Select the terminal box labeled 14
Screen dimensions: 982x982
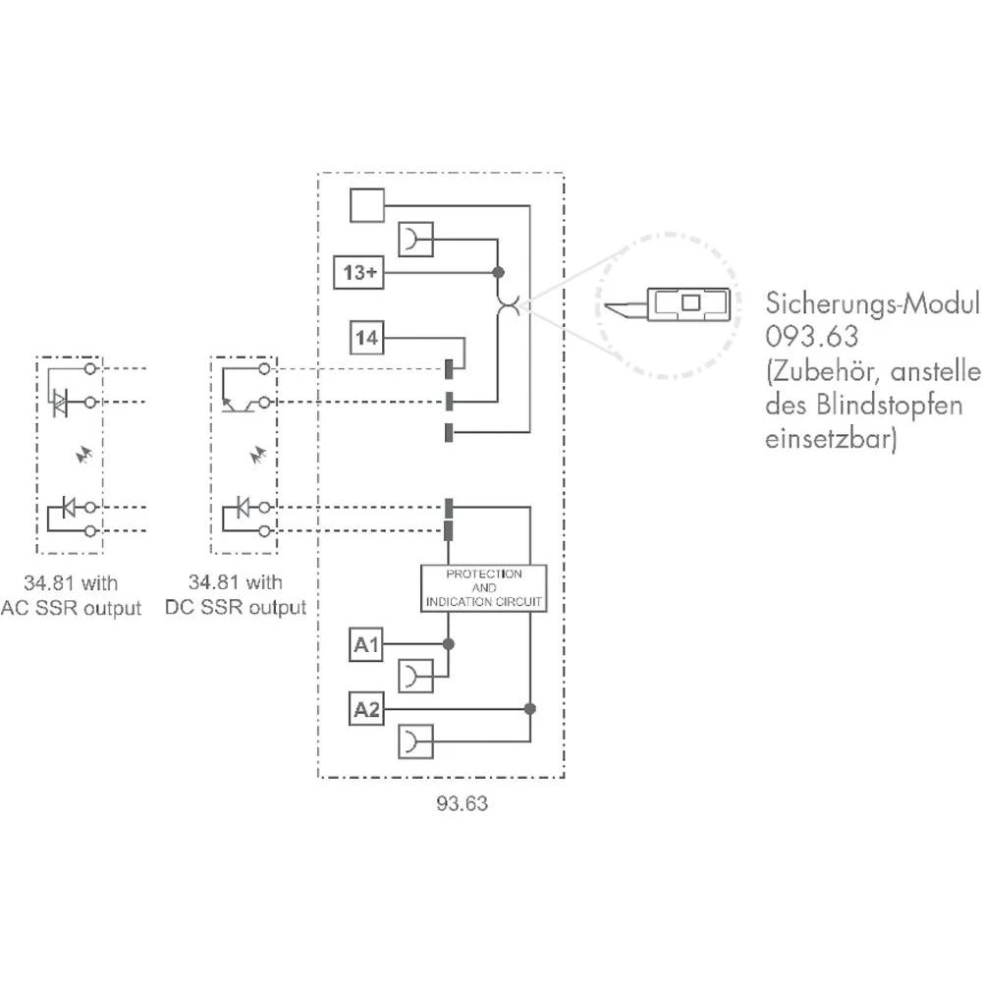tap(366, 340)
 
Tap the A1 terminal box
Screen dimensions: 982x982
tap(366, 644)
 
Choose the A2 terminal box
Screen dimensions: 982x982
tap(366, 709)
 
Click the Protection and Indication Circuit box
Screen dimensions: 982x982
tap(482, 588)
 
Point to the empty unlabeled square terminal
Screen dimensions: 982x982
tap(366, 205)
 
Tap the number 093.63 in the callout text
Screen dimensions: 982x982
tap(812, 337)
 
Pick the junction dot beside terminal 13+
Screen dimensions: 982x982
tap(498, 272)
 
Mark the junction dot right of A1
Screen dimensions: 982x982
tap(449, 644)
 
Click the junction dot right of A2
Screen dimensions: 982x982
tap(529, 709)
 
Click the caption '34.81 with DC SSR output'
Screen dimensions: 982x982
tap(247, 596)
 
